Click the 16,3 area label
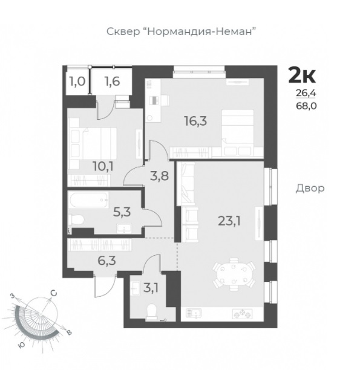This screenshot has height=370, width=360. pyautogui.click(x=195, y=122)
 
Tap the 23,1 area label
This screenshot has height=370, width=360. pyautogui.click(x=229, y=221)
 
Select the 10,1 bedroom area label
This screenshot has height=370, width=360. pyautogui.click(x=103, y=167)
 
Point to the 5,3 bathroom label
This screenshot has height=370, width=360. pyautogui.click(x=122, y=212)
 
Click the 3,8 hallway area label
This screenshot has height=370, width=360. pyautogui.click(x=160, y=176)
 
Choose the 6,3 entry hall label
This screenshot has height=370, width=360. pyautogui.click(x=106, y=261)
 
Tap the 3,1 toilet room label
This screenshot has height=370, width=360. pyautogui.click(x=151, y=288)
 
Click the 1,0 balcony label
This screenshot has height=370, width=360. pyautogui.click(x=77, y=82)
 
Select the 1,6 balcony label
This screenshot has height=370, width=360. pyautogui.click(x=113, y=82)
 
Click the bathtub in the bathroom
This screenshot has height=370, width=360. pyautogui.click(x=88, y=200)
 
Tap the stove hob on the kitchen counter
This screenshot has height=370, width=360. pyautogui.click(x=243, y=314)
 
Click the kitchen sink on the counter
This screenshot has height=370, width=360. pyautogui.click(x=194, y=314)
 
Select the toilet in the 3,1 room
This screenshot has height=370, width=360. pyautogui.click(x=152, y=312)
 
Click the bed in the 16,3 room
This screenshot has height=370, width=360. pyautogui.click(x=238, y=134)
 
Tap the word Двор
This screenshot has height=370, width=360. pyautogui.click(x=310, y=188)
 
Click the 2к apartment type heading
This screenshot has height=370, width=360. pyautogui.click(x=302, y=76)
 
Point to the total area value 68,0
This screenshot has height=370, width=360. pyautogui.click(x=306, y=106)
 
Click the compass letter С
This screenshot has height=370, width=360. pyautogui.click(x=54, y=293)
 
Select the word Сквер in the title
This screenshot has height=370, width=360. pyautogui.click(x=123, y=31)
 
